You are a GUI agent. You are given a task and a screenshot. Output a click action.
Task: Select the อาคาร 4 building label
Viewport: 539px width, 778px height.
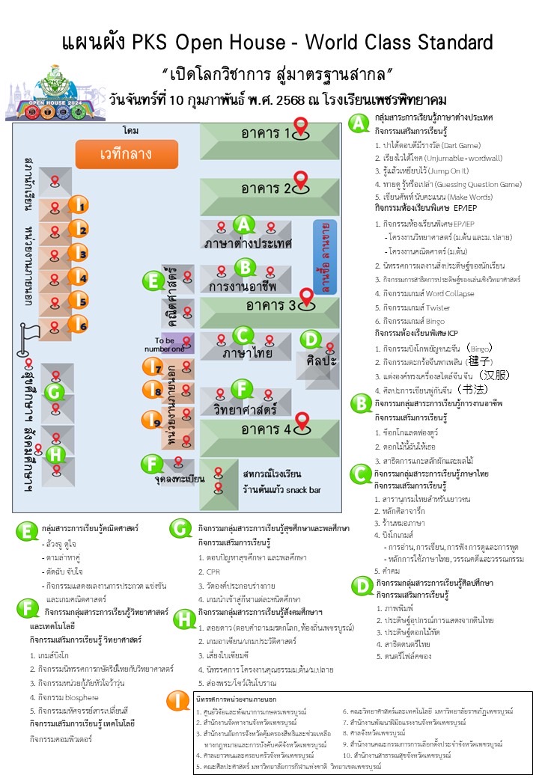pyautogui.click(x=267, y=429)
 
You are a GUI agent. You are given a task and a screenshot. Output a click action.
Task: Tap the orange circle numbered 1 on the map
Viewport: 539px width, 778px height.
pyautogui.click(x=79, y=204)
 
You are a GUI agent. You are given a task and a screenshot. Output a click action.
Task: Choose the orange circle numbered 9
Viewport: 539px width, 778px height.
pyautogui.click(x=152, y=420)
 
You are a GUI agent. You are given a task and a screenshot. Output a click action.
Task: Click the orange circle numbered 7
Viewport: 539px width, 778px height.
pyautogui.click(x=153, y=366)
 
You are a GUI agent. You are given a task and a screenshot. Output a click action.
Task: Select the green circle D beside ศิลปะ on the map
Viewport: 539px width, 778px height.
pyautogui.click(x=309, y=340)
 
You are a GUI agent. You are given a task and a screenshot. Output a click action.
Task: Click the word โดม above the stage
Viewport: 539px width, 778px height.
pyautogui.click(x=131, y=131)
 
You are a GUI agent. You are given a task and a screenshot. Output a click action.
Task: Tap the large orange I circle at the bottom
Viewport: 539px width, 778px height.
pyautogui.click(x=177, y=701)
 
